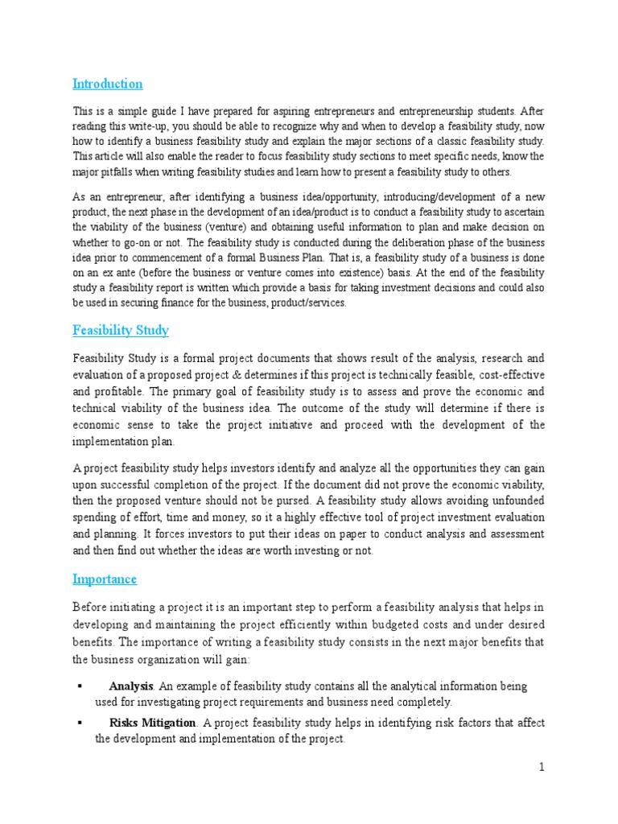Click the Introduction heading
(107, 84)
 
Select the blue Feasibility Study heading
(120, 331)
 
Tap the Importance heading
(105, 579)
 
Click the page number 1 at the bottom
(542, 767)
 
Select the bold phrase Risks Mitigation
(152, 723)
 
